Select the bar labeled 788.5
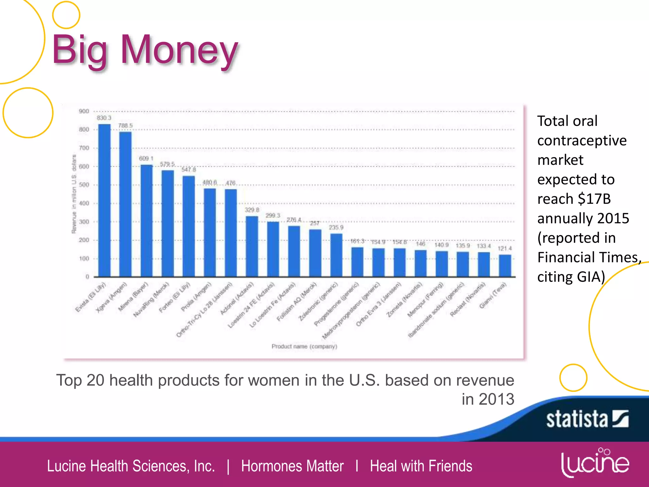(x=125, y=204)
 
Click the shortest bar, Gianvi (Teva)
(x=505, y=266)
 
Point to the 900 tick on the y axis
(x=84, y=111)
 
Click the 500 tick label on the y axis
(x=84, y=185)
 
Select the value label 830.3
(x=104, y=118)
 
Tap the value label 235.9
(x=336, y=227)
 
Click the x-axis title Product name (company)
(x=304, y=346)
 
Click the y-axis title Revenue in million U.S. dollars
(x=74, y=194)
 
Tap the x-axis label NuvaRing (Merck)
(x=151, y=300)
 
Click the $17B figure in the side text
(x=594, y=199)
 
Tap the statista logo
(x=587, y=419)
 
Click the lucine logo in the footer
(x=595, y=463)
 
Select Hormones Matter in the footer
(x=292, y=466)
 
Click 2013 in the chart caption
(x=496, y=399)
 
